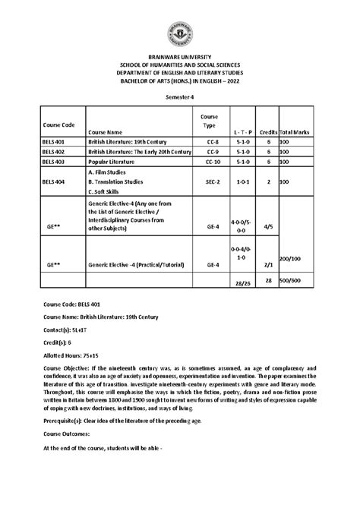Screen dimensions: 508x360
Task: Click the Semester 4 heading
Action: tap(180, 98)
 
